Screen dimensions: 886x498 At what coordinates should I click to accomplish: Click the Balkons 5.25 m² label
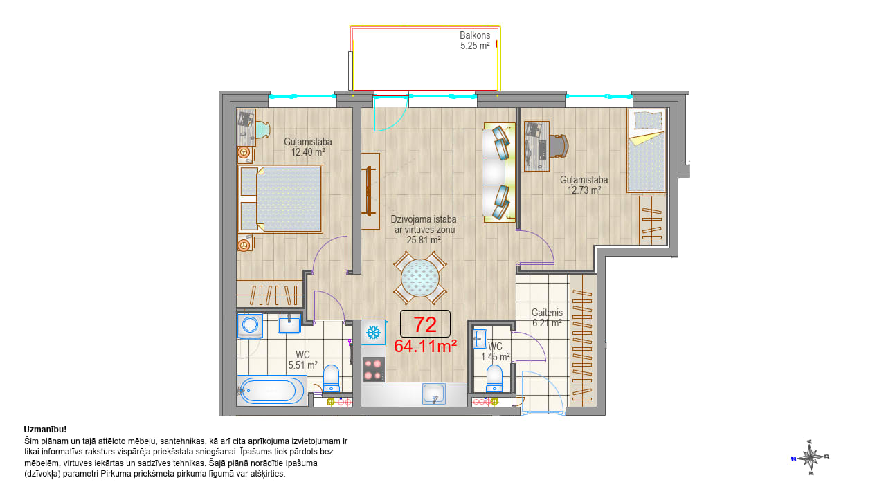pyautogui.click(x=475, y=40)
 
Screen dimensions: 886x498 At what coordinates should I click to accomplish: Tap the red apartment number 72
pyautogui.click(x=425, y=324)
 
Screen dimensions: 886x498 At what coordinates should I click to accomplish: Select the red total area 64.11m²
pyautogui.click(x=426, y=347)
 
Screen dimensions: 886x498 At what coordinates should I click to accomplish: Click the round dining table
pyautogui.click(x=420, y=278)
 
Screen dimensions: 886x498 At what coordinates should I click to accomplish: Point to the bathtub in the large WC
pyautogui.click(x=271, y=391)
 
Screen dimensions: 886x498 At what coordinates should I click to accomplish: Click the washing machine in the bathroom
pyautogui.click(x=250, y=326)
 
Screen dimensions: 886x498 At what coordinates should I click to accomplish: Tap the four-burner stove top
pyautogui.click(x=374, y=369)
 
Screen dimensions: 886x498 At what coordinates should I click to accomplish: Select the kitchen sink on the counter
pyautogui.click(x=434, y=394)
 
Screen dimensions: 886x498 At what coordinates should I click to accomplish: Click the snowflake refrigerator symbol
pyautogui.click(x=373, y=333)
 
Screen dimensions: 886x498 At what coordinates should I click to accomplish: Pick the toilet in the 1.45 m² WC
pyautogui.click(x=494, y=378)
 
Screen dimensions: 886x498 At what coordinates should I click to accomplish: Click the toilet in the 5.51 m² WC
pyautogui.click(x=332, y=378)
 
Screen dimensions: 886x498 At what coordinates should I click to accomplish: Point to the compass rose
pyautogui.click(x=811, y=458)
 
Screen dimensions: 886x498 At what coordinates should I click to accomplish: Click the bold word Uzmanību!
pyautogui.click(x=45, y=430)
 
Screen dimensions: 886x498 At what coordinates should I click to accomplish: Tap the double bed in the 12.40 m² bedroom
pyautogui.click(x=280, y=199)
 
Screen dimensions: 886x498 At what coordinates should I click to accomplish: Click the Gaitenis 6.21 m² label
pyautogui.click(x=547, y=317)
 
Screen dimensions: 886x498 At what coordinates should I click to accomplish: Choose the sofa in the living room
pyautogui.click(x=498, y=172)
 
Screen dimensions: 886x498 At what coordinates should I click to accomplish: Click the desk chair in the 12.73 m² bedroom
pyautogui.click(x=559, y=146)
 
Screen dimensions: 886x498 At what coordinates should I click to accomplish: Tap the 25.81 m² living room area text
pyautogui.click(x=424, y=240)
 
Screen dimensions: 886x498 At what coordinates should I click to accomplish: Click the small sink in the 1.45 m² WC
pyautogui.click(x=480, y=338)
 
